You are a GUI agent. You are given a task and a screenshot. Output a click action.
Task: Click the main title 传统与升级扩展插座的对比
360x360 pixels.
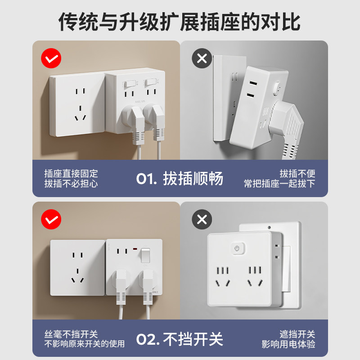(180, 22)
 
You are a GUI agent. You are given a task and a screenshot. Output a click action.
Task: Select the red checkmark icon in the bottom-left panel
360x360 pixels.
(51, 219)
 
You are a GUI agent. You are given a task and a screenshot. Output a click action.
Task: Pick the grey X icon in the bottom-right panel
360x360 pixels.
(202, 219)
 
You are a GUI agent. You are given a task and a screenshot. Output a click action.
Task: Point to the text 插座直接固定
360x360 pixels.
(71, 174)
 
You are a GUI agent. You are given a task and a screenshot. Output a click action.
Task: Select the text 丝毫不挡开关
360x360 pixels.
(71, 334)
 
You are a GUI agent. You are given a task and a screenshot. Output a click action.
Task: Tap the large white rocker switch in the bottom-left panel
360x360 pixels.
(146, 256)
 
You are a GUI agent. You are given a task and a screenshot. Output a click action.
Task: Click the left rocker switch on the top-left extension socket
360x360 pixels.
(130, 83)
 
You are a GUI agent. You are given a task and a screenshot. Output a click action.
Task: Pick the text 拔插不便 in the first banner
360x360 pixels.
(297, 174)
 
